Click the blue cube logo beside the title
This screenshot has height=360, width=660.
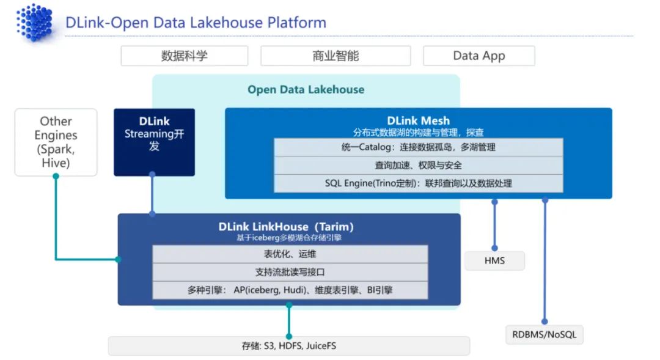[35, 22]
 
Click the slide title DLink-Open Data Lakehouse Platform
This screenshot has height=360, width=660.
[196, 23]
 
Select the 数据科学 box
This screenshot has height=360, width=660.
[184, 56]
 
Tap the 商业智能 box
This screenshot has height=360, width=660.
[335, 56]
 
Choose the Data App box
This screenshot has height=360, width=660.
[479, 56]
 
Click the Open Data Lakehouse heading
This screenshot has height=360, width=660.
[306, 90]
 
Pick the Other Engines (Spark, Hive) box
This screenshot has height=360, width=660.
[56, 142]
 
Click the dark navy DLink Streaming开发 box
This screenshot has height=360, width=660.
[154, 142]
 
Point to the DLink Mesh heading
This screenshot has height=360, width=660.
[418, 120]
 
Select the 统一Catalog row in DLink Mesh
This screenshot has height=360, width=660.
[418, 147]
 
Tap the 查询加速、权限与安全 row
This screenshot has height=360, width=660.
[418, 165]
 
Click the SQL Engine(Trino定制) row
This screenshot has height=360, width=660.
[418, 183]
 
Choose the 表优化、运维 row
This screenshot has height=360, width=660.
[290, 254]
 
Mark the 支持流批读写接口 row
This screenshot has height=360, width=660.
[290, 272]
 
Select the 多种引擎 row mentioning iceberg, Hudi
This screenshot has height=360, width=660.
[290, 290]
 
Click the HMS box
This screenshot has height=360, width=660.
[494, 261]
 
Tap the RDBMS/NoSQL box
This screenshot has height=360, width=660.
[544, 334]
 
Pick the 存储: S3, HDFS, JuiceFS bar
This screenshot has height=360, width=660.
[289, 346]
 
